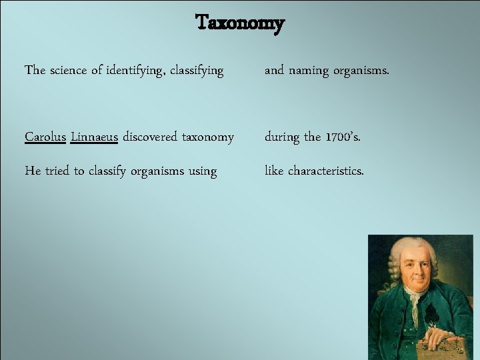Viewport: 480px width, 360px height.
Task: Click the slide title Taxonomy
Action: tap(240, 24)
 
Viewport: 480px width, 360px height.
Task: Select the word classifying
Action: tap(197, 70)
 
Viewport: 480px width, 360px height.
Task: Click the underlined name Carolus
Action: tap(45, 137)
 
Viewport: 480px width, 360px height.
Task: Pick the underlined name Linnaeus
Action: tap(94, 137)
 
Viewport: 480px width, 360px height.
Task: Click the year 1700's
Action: tap(343, 137)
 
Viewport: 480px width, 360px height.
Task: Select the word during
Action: tap(283, 137)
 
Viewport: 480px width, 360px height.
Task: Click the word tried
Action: tap(57, 171)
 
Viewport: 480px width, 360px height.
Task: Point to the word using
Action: tap(203, 171)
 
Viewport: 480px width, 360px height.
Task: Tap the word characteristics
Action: tap(326, 171)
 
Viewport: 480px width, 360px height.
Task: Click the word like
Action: tap(274, 171)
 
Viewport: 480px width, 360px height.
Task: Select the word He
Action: tap(32, 171)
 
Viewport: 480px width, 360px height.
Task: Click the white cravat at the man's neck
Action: tap(415, 303)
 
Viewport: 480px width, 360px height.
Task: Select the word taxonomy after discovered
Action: tap(207, 137)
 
